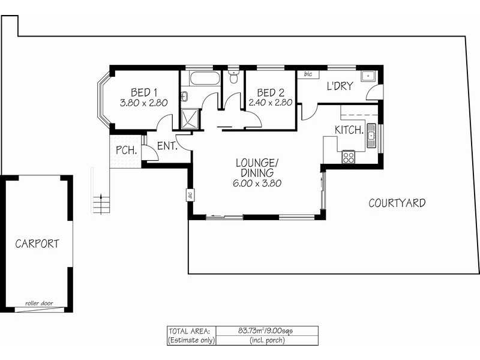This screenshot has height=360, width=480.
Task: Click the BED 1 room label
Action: click(x=144, y=92)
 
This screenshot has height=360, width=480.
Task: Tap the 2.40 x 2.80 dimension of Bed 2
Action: click(x=270, y=103)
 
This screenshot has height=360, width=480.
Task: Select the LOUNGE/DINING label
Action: click(x=257, y=167)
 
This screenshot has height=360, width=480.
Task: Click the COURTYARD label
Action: click(x=397, y=203)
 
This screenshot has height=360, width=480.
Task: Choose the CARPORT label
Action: click(x=37, y=244)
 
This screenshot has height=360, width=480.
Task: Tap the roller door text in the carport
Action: click(x=39, y=304)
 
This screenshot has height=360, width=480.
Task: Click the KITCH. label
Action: click(x=349, y=130)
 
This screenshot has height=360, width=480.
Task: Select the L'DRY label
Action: click(x=339, y=86)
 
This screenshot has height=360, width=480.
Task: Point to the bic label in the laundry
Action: click(x=308, y=74)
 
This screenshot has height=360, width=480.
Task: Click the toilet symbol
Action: click(x=233, y=77)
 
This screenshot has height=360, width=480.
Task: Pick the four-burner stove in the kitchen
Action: click(x=348, y=157)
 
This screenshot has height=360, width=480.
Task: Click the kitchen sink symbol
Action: click(x=371, y=136)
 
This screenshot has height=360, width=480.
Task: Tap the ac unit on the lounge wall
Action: click(x=189, y=195)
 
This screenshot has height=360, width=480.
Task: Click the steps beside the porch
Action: click(x=102, y=203)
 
